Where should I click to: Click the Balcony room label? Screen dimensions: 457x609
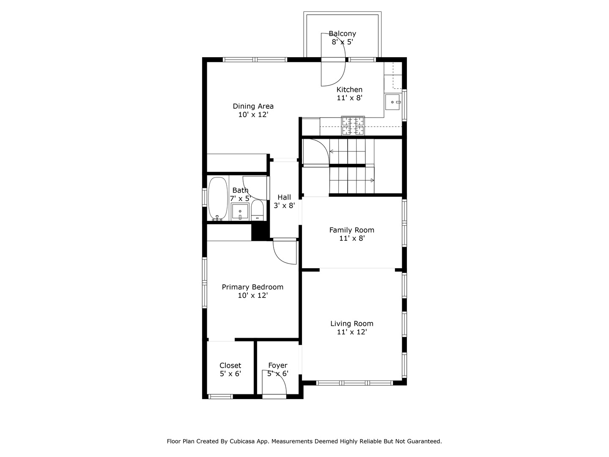coord(342,34)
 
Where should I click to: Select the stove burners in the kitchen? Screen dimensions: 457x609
coord(353,126)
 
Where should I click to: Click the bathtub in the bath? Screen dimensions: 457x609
coord(217,199)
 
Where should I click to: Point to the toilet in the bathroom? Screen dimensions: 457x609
coord(257,210)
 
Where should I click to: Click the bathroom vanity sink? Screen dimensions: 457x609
coord(240,211)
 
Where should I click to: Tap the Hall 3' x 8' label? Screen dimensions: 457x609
coord(284,201)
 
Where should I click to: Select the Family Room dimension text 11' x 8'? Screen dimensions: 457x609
coord(352,238)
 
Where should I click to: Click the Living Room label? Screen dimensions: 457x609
coord(352,324)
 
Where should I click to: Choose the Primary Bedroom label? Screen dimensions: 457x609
coord(252,287)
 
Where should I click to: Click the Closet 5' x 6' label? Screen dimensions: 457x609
coord(230,369)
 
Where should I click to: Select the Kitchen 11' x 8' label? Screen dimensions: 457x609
coord(349,94)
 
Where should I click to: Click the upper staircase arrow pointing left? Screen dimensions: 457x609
coord(332,151)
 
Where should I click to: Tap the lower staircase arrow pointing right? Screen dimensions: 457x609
coord(372,180)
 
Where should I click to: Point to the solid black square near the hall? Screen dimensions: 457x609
coord(260,232)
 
